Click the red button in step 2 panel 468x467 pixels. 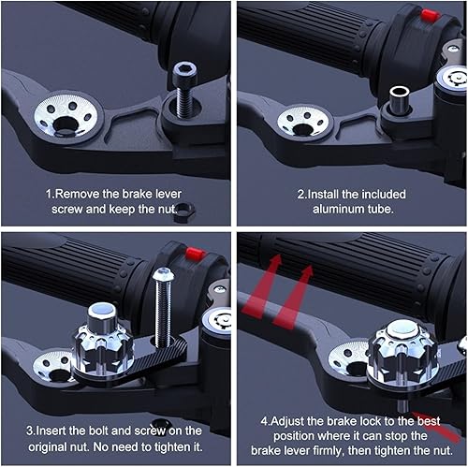(430, 14)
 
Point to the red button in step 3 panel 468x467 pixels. (195, 254)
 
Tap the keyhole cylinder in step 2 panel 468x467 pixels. (447, 82)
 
